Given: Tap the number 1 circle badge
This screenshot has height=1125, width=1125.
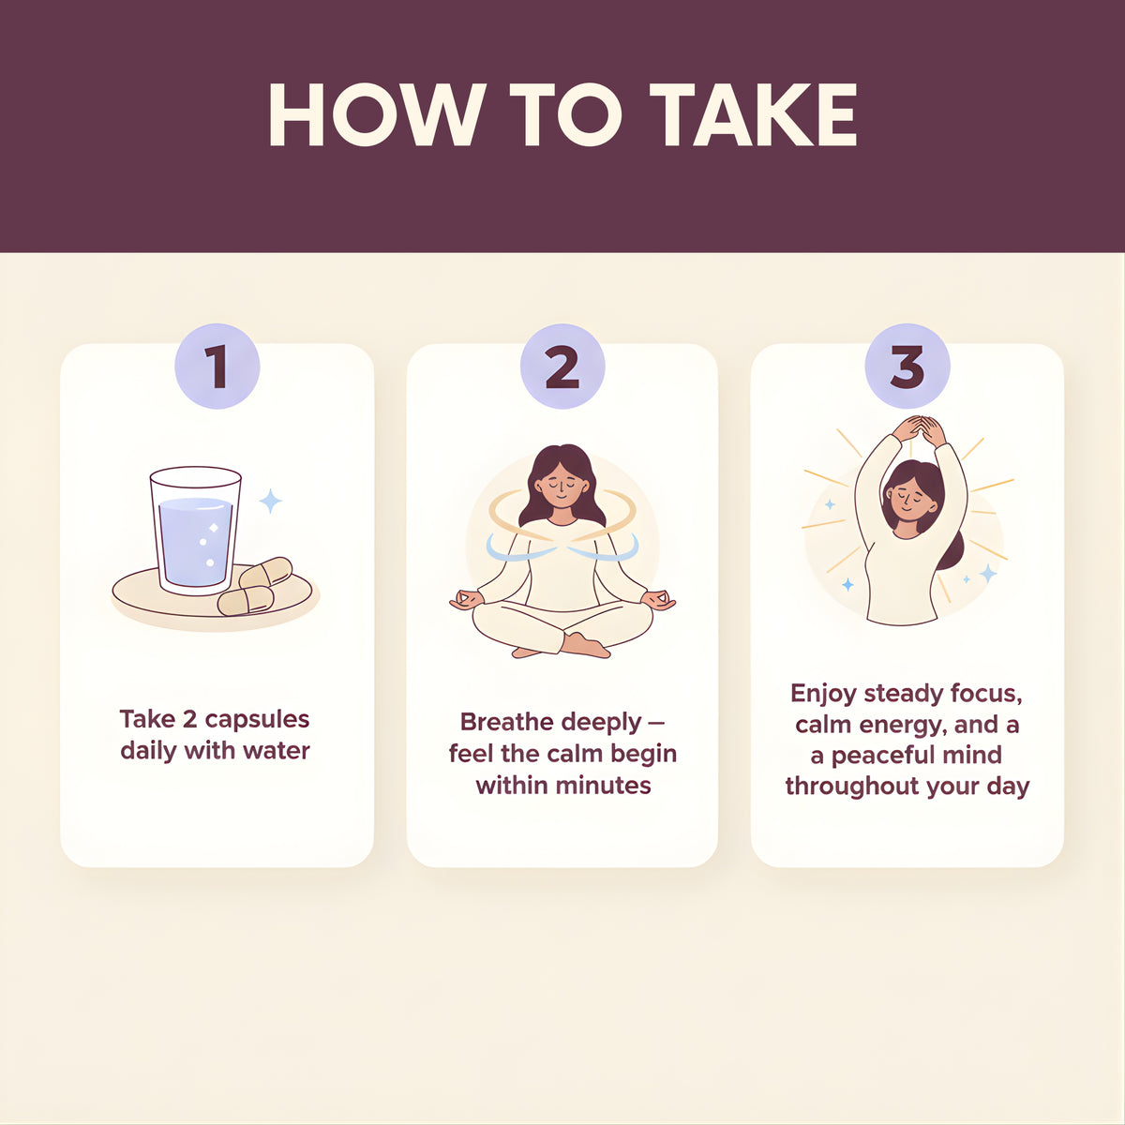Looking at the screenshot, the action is (x=217, y=366).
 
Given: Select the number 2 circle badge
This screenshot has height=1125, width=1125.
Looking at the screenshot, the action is (x=562, y=366).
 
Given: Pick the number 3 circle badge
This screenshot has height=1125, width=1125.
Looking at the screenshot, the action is (x=907, y=366).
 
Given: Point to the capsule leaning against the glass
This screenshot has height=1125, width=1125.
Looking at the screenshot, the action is (x=265, y=573).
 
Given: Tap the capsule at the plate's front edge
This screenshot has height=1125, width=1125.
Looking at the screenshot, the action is (x=246, y=601).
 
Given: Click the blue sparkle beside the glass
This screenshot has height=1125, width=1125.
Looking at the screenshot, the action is (x=270, y=501).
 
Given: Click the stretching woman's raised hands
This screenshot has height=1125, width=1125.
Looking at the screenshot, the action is (x=919, y=431).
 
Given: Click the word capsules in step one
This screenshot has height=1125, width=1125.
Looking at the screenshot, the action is (x=258, y=720).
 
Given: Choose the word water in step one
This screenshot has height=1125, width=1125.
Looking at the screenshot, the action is (x=277, y=751).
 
